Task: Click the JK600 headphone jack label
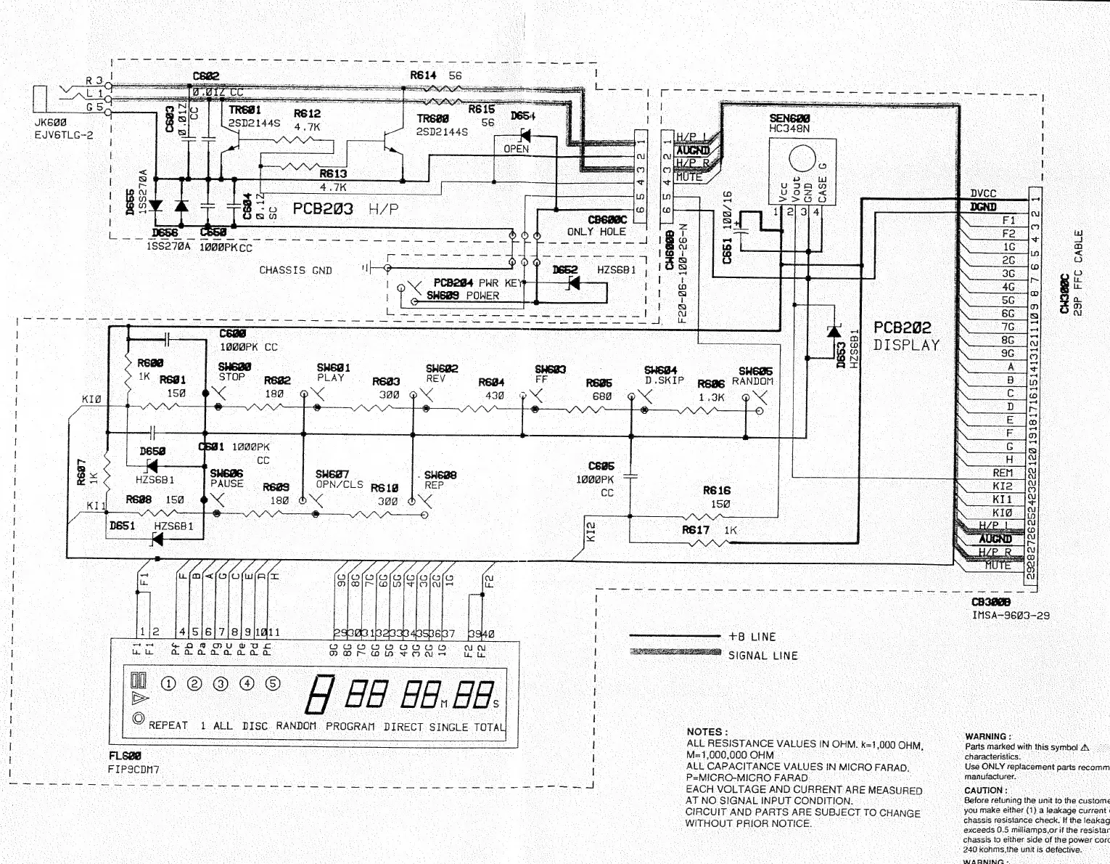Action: click(x=49, y=123)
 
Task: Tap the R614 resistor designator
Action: click(x=423, y=75)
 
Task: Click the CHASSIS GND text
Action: click(x=295, y=270)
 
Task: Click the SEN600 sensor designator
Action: click(x=789, y=118)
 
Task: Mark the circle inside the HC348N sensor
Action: click(x=802, y=158)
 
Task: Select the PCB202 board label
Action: click(x=903, y=328)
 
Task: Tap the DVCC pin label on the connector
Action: click(x=983, y=193)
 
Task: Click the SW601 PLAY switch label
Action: click(x=333, y=368)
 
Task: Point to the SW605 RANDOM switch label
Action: click(x=755, y=371)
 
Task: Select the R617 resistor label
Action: click(x=696, y=530)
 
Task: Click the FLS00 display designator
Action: click(x=124, y=755)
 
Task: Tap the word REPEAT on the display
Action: click(x=168, y=725)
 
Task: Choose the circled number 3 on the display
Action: click(x=221, y=683)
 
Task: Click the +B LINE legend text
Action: click(x=752, y=637)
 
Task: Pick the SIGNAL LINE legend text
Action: click(x=762, y=656)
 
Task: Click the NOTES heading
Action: click(x=707, y=732)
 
